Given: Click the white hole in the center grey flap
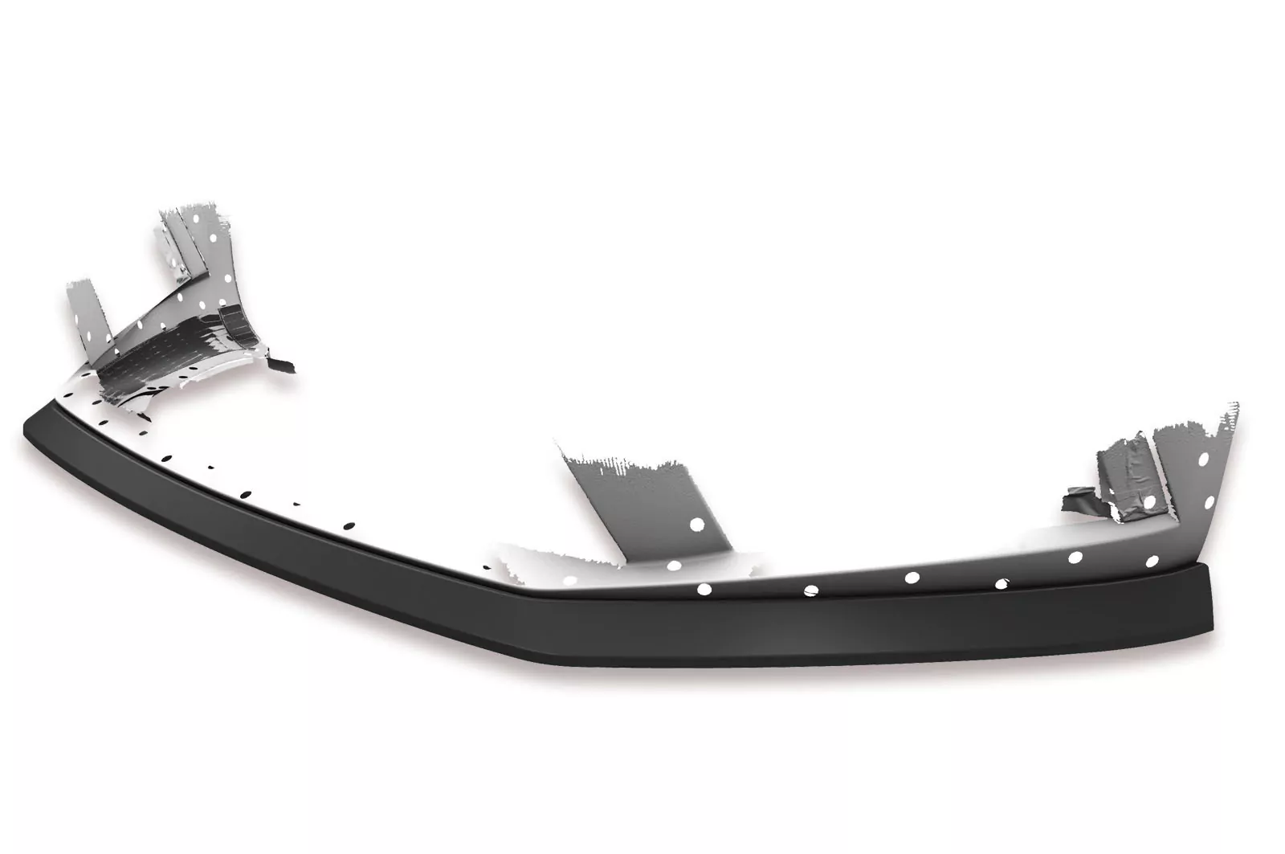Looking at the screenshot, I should [696, 525].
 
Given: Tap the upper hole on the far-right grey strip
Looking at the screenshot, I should [1204, 460].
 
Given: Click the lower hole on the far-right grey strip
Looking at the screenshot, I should [1207, 501].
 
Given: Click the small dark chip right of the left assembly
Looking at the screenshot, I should [282, 365].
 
